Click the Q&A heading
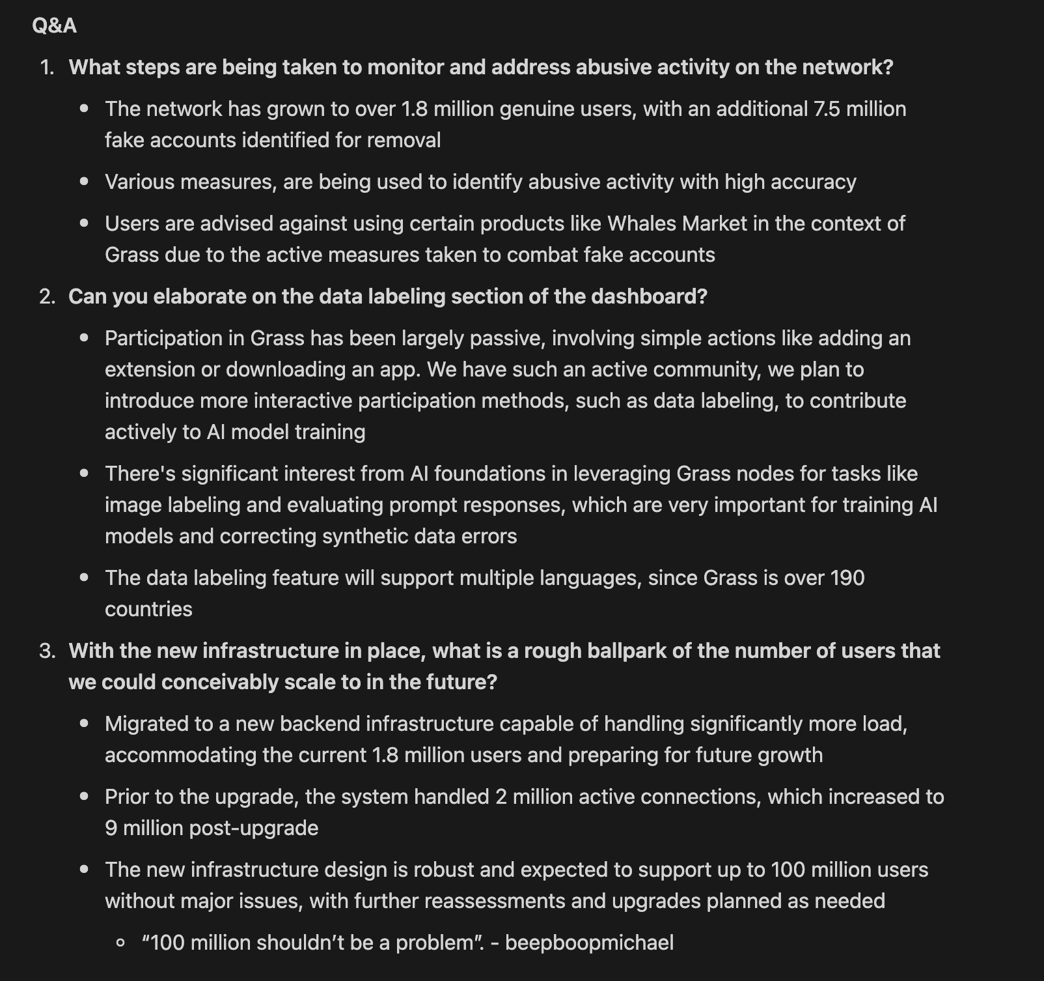[x=54, y=25]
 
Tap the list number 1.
[x=47, y=67]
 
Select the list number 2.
[x=47, y=296]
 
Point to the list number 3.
[x=47, y=651]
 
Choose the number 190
[x=847, y=578]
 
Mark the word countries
[x=148, y=609]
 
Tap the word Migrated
[x=150, y=724]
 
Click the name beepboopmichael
[x=589, y=943]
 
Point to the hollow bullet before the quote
[x=120, y=943]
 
